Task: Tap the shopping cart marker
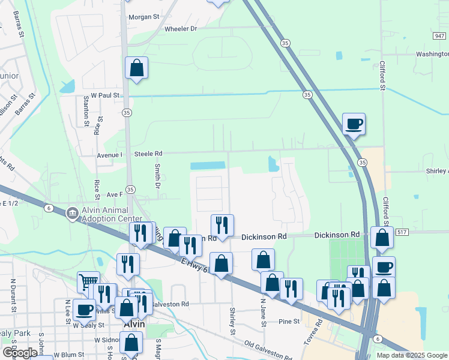pos(88,282)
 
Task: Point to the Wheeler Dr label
pos(181,29)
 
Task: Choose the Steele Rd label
pos(148,154)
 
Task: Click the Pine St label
pos(289,322)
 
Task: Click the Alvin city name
pos(133,325)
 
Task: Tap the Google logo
pos(20,353)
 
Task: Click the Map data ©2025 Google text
pos(411,355)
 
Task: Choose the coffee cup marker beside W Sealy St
pos(85,310)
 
